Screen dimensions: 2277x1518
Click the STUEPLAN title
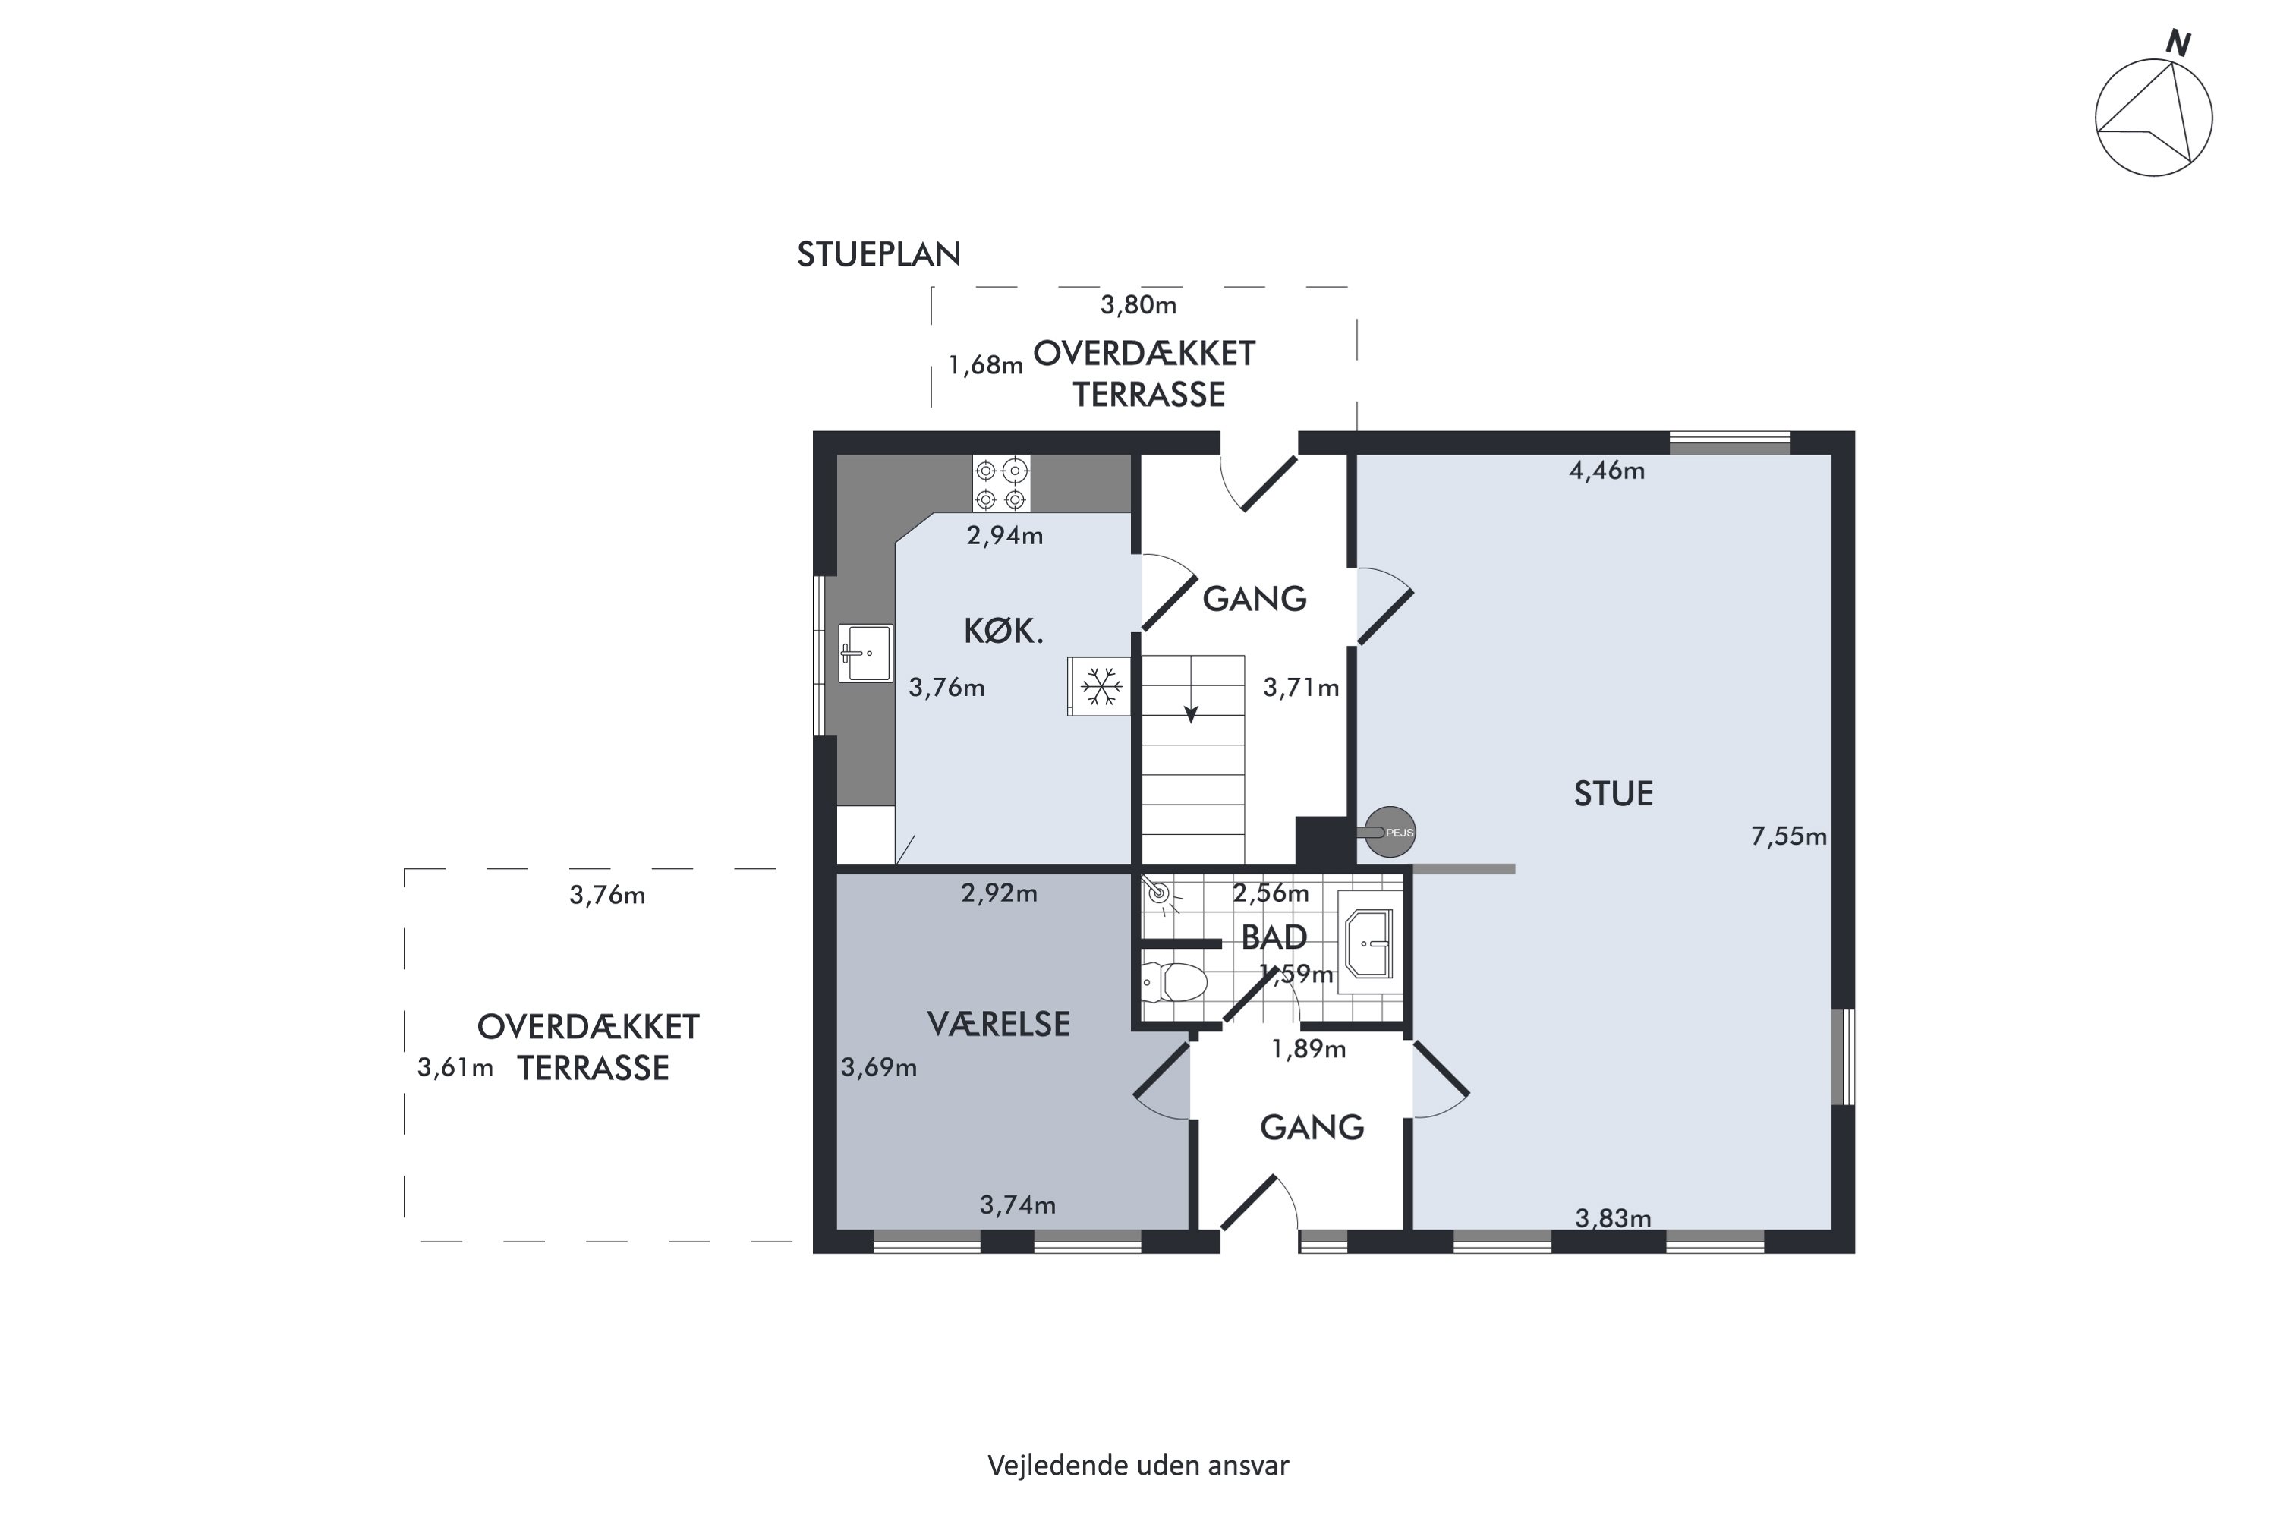click(x=878, y=254)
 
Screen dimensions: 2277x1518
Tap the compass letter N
click(x=2178, y=43)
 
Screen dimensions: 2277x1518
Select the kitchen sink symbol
click(x=865, y=653)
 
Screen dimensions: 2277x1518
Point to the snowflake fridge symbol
click(x=1100, y=686)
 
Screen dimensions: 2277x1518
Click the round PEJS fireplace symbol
click(x=1390, y=832)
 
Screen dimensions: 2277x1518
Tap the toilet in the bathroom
click(x=1174, y=981)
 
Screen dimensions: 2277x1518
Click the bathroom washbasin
click(x=1367, y=943)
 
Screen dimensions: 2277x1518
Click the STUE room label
click(x=1613, y=794)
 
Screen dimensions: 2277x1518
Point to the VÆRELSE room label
click(x=998, y=1024)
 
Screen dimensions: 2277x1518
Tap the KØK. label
click(x=1003, y=632)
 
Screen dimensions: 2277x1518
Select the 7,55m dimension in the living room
click(x=1788, y=836)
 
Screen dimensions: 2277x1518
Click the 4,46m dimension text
click(x=1607, y=471)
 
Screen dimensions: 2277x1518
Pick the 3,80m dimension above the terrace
click(x=1138, y=305)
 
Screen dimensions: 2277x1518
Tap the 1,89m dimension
click(x=1308, y=1050)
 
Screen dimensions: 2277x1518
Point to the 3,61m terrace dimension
click(x=455, y=1068)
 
